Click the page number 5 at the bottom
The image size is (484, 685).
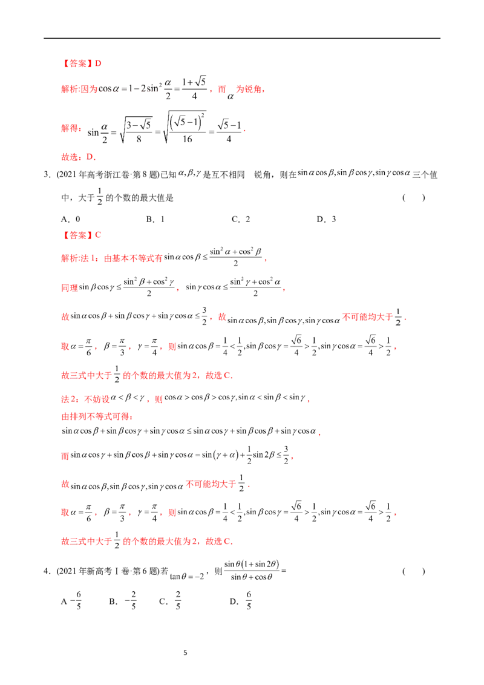pos(185,653)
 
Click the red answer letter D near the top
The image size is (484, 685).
pos(98,64)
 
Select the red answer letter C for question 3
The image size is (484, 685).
pos(98,235)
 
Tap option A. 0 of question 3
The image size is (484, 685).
pos(71,219)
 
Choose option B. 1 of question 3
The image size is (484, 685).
pos(155,219)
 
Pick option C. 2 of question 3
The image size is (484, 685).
pos(241,219)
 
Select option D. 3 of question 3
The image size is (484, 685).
pos(326,219)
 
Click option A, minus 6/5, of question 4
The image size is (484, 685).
pos(71,601)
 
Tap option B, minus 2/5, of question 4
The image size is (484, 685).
pos(123,601)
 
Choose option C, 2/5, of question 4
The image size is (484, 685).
pos(170,601)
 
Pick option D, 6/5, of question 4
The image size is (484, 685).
pos(241,601)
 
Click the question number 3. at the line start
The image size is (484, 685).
pos(47,175)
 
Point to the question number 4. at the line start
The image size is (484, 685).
pos(47,571)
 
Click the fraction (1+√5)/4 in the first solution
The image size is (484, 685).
pos(194,88)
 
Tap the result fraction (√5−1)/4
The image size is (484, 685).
pos(229,131)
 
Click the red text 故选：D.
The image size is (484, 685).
pos(79,157)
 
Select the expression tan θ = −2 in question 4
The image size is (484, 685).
pos(187,576)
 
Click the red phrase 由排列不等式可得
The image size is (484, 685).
pos(97,416)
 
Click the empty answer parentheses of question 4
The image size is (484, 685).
pos(413,571)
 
